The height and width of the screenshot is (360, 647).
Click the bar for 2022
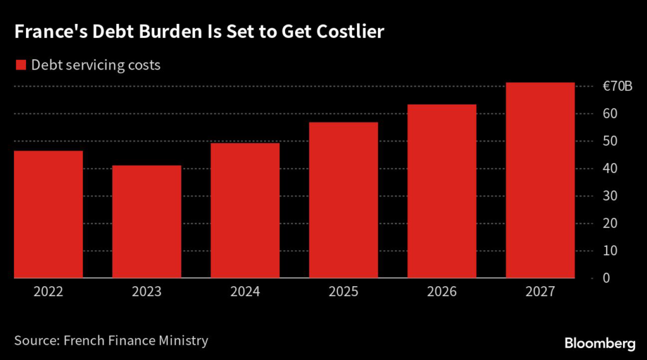pos(49,214)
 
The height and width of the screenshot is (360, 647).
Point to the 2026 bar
pos(442,191)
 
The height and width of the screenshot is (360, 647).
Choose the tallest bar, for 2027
pos(540,180)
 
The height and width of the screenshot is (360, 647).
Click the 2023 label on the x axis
pos(147,292)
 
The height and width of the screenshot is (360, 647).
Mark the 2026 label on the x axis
pos(442,292)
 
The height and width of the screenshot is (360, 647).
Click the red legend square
pos(20,65)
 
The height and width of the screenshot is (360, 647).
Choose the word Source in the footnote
pos(35,340)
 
